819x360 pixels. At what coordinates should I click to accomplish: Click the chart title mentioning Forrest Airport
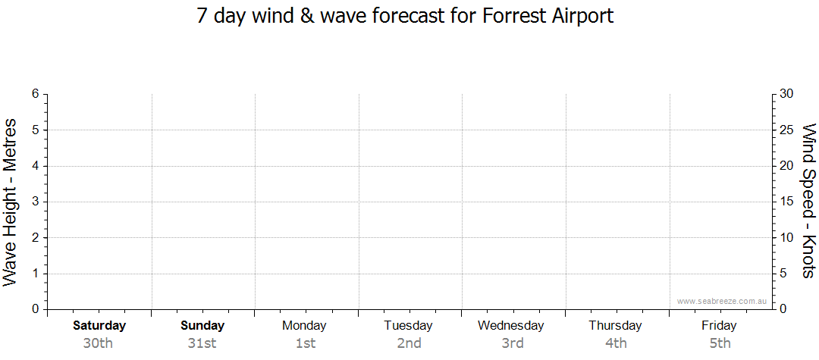[405, 16]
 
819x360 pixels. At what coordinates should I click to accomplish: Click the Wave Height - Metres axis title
[10, 202]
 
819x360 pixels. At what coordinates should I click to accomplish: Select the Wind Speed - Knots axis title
[808, 201]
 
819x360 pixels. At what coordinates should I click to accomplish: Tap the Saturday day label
[99, 326]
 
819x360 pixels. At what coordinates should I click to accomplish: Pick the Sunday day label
[202, 326]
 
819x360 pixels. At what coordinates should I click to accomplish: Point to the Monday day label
[304, 326]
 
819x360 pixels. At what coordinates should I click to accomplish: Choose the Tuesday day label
[409, 326]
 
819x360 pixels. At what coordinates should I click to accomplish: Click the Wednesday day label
[511, 326]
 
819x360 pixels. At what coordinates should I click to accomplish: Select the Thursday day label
[615, 326]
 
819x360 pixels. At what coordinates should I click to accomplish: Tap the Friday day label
[719, 326]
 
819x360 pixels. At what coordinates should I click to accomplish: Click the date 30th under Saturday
[98, 343]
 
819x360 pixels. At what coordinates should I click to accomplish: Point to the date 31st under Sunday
[202, 343]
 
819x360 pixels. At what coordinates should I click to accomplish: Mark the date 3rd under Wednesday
[513, 343]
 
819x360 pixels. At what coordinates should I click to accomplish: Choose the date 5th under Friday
[720, 343]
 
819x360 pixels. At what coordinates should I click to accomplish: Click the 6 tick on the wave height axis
[36, 94]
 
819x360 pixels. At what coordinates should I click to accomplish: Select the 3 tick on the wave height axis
[36, 202]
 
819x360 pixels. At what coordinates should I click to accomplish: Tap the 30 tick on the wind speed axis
[786, 94]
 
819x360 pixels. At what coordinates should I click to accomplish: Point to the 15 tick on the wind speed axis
[786, 202]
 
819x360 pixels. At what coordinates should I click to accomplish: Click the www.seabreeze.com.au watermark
[721, 301]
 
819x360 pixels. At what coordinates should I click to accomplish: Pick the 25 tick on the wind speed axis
[786, 130]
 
